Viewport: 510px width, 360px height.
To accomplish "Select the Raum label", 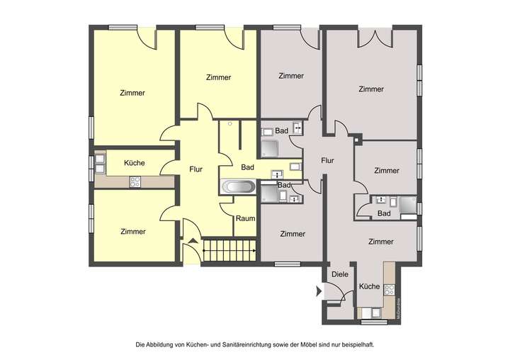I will coord(245,219).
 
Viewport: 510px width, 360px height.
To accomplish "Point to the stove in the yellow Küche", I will coord(135,182).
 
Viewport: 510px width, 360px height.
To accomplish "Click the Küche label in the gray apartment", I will coord(369,287).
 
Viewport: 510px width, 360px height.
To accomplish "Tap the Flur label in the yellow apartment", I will coord(197,169).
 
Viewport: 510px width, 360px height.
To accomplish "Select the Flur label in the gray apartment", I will coord(327,160).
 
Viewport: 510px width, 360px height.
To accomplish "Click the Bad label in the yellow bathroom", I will coord(247,167).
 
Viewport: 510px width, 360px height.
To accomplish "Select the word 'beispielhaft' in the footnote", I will coord(354,344).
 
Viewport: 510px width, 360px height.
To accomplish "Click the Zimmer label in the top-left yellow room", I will coord(132,93).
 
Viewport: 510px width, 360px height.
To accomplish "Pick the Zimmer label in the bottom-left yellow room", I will coord(132,231).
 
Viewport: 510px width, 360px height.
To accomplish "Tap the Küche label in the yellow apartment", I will coord(135,163).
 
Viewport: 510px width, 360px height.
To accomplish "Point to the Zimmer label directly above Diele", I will coord(381,242).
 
